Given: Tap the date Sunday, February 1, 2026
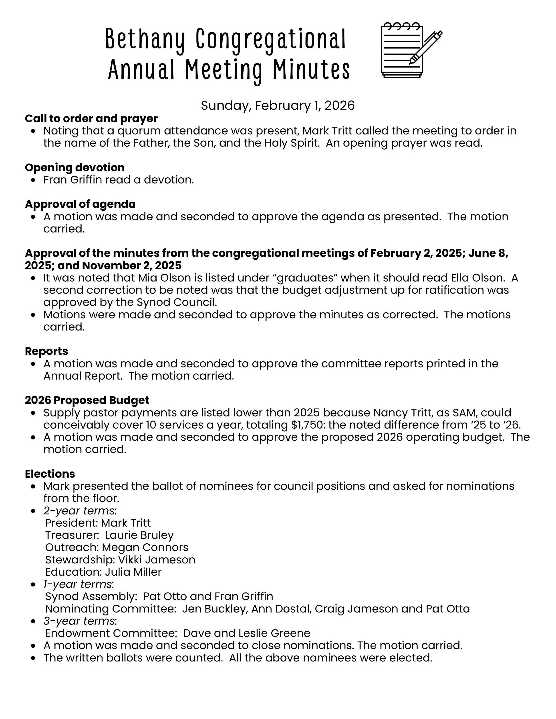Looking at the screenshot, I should [278, 105].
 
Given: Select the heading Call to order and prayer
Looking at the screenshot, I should [91, 118].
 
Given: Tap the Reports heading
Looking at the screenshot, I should [46, 351].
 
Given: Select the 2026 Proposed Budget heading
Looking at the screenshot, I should [87, 400].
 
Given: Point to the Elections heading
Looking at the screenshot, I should [50, 473].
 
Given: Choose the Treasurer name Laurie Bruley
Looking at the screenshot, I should [139, 535].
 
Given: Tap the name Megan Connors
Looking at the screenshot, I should [145, 547].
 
